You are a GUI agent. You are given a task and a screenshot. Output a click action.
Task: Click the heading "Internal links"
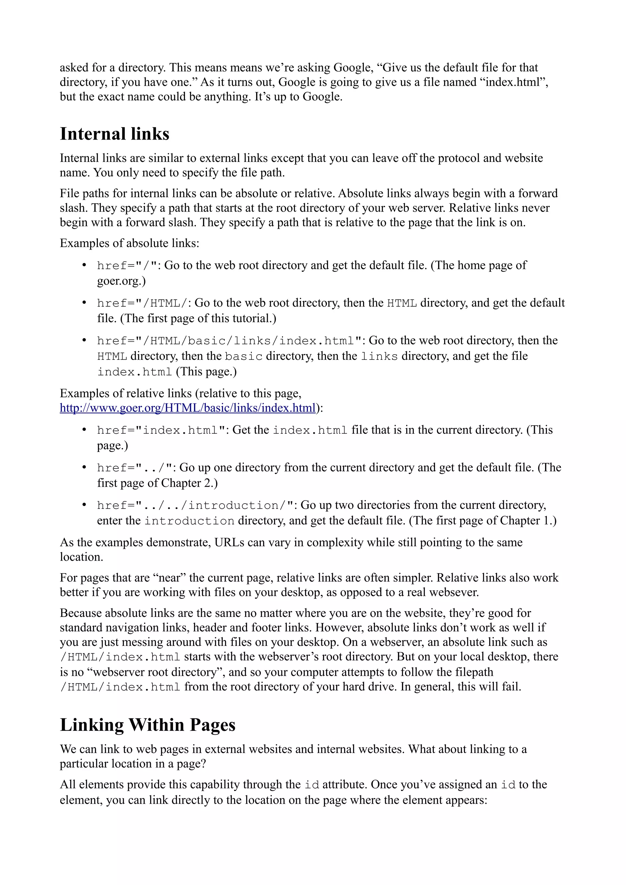point(114,134)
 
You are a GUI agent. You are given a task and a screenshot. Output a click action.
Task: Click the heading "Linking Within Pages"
point(147,725)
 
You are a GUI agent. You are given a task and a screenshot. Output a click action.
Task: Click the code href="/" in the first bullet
point(127,266)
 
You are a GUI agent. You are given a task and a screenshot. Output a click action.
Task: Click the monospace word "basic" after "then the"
point(243,356)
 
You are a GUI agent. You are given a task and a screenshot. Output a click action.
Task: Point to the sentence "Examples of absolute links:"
point(129,243)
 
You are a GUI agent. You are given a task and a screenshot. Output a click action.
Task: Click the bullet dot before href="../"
point(84,468)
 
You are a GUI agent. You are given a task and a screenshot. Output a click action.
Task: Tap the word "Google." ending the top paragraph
point(322,97)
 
